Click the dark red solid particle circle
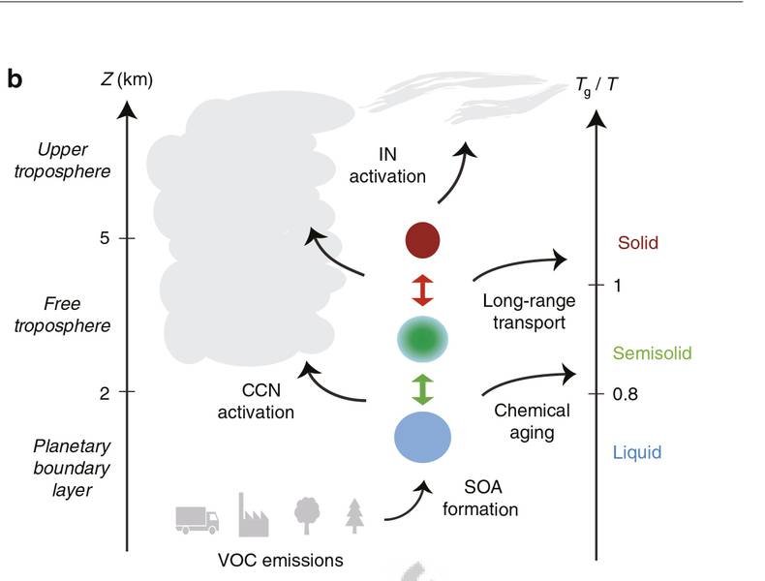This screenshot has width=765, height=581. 423,239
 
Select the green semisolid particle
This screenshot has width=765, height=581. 423,339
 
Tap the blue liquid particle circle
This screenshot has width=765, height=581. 423,437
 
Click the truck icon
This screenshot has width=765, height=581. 197,519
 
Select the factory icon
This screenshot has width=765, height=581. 253,514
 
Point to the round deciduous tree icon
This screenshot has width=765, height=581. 307,514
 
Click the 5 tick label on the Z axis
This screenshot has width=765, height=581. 104,237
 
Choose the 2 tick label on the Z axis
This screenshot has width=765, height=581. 104,392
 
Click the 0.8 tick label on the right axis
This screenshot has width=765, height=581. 626,395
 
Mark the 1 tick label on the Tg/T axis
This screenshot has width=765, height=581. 617,286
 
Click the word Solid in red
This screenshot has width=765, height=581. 637,243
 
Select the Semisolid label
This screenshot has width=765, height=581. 653,353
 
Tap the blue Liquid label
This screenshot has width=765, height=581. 637,452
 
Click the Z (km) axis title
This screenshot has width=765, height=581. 127,79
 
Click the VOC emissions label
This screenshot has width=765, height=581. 279,560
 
